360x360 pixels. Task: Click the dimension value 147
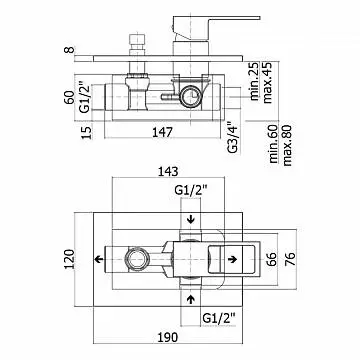click(x=163, y=132)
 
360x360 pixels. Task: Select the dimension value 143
click(x=168, y=172)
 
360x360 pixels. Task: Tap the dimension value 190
click(x=167, y=338)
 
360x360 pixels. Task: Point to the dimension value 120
click(x=69, y=259)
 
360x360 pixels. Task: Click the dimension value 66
click(x=272, y=259)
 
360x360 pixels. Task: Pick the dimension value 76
click(x=290, y=259)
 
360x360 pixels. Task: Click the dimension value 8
click(x=69, y=50)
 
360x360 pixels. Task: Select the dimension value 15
click(x=86, y=132)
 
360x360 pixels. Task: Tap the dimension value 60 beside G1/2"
click(x=69, y=97)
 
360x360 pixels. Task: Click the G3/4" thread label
click(x=233, y=138)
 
